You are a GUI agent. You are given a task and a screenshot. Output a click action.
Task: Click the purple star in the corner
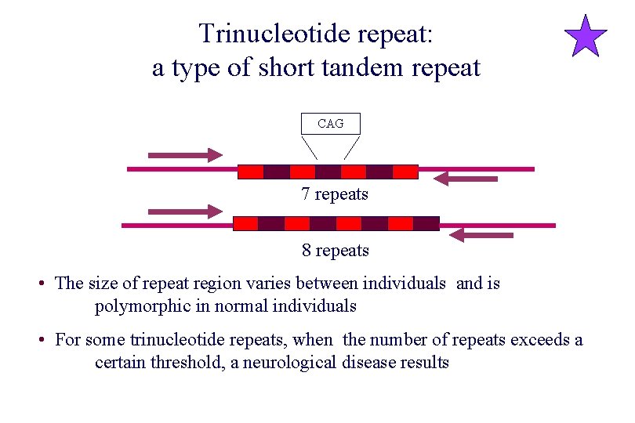(x=586, y=37)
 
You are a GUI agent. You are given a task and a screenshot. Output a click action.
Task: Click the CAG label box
(x=330, y=124)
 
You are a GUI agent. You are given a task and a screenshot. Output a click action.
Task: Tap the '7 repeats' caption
(x=335, y=194)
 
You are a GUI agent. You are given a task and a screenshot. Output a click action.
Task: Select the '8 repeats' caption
(x=336, y=251)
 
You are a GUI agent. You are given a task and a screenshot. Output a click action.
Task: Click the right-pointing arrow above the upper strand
(x=185, y=155)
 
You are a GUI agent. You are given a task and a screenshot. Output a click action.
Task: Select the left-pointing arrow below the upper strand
(x=466, y=179)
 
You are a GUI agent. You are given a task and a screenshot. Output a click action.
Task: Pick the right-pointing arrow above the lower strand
(x=185, y=211)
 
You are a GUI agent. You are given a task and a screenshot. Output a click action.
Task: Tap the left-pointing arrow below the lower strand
(x=482, y=235)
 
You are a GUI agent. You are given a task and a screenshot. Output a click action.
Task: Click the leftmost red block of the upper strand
(x=251, y=172)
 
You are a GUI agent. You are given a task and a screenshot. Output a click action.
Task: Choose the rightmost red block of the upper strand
(x=405, y=172)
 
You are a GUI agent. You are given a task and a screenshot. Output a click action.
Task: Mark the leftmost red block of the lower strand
(x=246, y=223)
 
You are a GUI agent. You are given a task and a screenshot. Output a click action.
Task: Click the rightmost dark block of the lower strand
(x=426, y=223)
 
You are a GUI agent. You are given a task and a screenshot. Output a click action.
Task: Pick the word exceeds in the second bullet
(x=540, y=340)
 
